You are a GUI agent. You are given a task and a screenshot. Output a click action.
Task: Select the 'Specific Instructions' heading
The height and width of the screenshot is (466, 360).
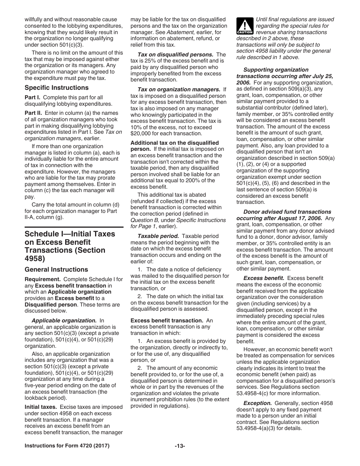(56, 88)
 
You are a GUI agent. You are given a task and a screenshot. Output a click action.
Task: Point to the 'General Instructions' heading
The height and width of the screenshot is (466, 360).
(56, 269)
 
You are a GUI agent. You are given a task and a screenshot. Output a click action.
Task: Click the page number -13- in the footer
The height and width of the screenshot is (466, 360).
(180, 446)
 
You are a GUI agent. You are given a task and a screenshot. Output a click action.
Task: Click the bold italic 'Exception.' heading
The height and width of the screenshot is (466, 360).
(257, 403)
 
